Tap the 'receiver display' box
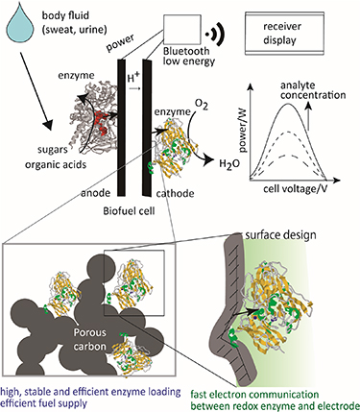tap(301, 26)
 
